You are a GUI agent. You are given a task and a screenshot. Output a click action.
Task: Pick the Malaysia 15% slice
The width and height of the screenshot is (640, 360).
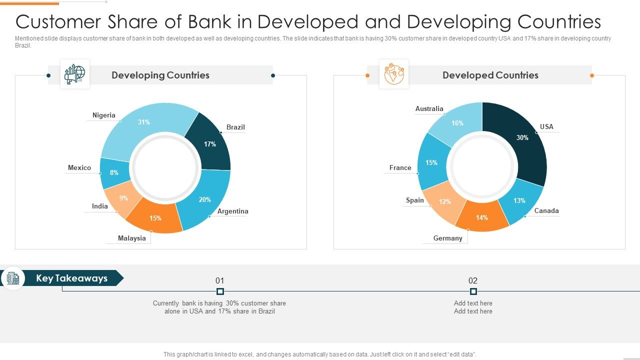[x=155, y=217]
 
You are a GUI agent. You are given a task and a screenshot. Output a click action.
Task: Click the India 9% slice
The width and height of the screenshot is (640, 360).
[x=123, y=198]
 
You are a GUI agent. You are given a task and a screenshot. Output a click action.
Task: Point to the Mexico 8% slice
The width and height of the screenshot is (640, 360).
[x=114, y=172]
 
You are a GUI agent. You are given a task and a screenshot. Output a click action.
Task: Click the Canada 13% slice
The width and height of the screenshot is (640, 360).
[x=520, y=201]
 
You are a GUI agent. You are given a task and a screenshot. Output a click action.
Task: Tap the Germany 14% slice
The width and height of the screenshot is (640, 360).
[x=481, y=218]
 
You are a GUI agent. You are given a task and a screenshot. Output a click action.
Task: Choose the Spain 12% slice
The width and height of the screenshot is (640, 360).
[x=444, y=201]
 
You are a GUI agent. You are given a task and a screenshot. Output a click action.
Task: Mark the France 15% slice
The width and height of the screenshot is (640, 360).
[x=431, y=163]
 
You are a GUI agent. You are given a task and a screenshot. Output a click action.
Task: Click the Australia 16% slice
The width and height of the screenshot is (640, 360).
[x=457, y=123]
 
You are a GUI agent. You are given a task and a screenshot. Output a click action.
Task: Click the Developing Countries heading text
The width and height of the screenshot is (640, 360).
[x=160, y=75]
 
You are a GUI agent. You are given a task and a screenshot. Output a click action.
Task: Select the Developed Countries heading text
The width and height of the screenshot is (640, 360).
[x=490, y=75]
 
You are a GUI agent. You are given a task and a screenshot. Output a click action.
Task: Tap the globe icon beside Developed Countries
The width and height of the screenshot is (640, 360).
[x=394, y=74]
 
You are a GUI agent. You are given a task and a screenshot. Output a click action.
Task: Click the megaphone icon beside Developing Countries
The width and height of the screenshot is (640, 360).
[x=75, y=74]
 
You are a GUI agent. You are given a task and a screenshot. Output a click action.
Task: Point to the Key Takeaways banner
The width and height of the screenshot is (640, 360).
[x=71, y=278]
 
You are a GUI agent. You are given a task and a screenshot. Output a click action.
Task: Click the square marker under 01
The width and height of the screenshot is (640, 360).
[x=220, y=291]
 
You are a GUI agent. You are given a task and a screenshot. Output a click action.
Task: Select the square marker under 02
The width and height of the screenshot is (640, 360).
[x=473, y=291]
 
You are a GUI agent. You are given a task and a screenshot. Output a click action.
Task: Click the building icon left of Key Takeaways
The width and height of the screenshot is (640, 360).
[x=13, y=278]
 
